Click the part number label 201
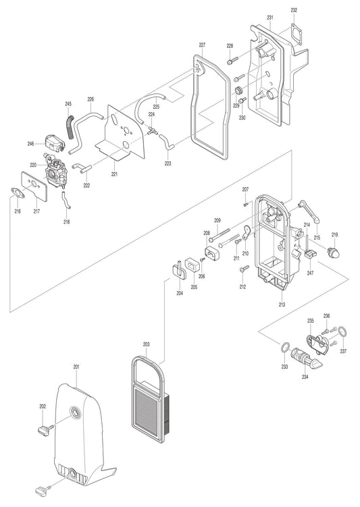(76, 367)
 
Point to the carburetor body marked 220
(56, 171)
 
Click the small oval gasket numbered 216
(18, 192)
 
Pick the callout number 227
(202, 45)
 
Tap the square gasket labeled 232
(297, 31)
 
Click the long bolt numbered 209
(220, 234)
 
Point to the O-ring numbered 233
(284, 348)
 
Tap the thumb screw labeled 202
(46, 429)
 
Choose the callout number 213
(282, 304)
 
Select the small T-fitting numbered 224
(152, 130)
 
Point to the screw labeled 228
(232, 60)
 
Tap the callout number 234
(305, 377)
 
